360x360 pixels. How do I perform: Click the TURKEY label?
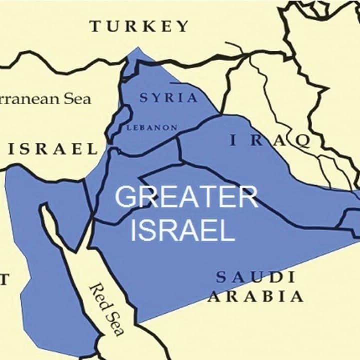pyautogui.click(x=139, y=27)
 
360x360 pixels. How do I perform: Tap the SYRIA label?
pyautogui.click(x=169, y=98)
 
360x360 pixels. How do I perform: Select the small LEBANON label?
pyautogui.click(x=152, y=128)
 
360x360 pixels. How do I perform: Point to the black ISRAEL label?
pyautogui.click(x=52, y=149)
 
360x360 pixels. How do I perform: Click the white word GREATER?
pyautogui.click(x=187, y=197)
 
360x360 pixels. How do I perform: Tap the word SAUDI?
pyautogui.click(x=255, y=277)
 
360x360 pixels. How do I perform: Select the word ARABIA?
pyautogui.click(x=255, y=296)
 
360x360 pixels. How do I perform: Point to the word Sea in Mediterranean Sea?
pyautogui.click(x=78, y=98)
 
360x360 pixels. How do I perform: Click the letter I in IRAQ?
pyautogui.click(x=232, y=141)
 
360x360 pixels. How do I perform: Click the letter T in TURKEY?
pyautogui.click(x=95, y=27)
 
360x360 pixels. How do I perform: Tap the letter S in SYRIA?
pyautogui.click(x=144, y=98)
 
